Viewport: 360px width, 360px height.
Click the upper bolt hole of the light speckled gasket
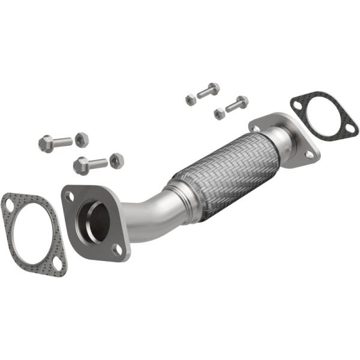pos(10,206)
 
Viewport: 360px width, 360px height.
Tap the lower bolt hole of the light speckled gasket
pos(57,263)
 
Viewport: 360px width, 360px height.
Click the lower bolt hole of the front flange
pos(119,249)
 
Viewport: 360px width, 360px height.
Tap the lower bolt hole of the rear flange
pos(310,154)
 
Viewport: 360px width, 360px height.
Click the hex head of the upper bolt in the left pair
pos(46,143)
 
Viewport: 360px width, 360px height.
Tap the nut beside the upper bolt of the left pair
pos(82,139)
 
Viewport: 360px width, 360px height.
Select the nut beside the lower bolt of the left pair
pos(117,160)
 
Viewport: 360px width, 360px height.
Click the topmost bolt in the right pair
pos(208,91)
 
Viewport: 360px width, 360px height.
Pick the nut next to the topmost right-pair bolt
pos(191,98)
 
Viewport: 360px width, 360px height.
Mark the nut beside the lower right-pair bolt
pos(219,112)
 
